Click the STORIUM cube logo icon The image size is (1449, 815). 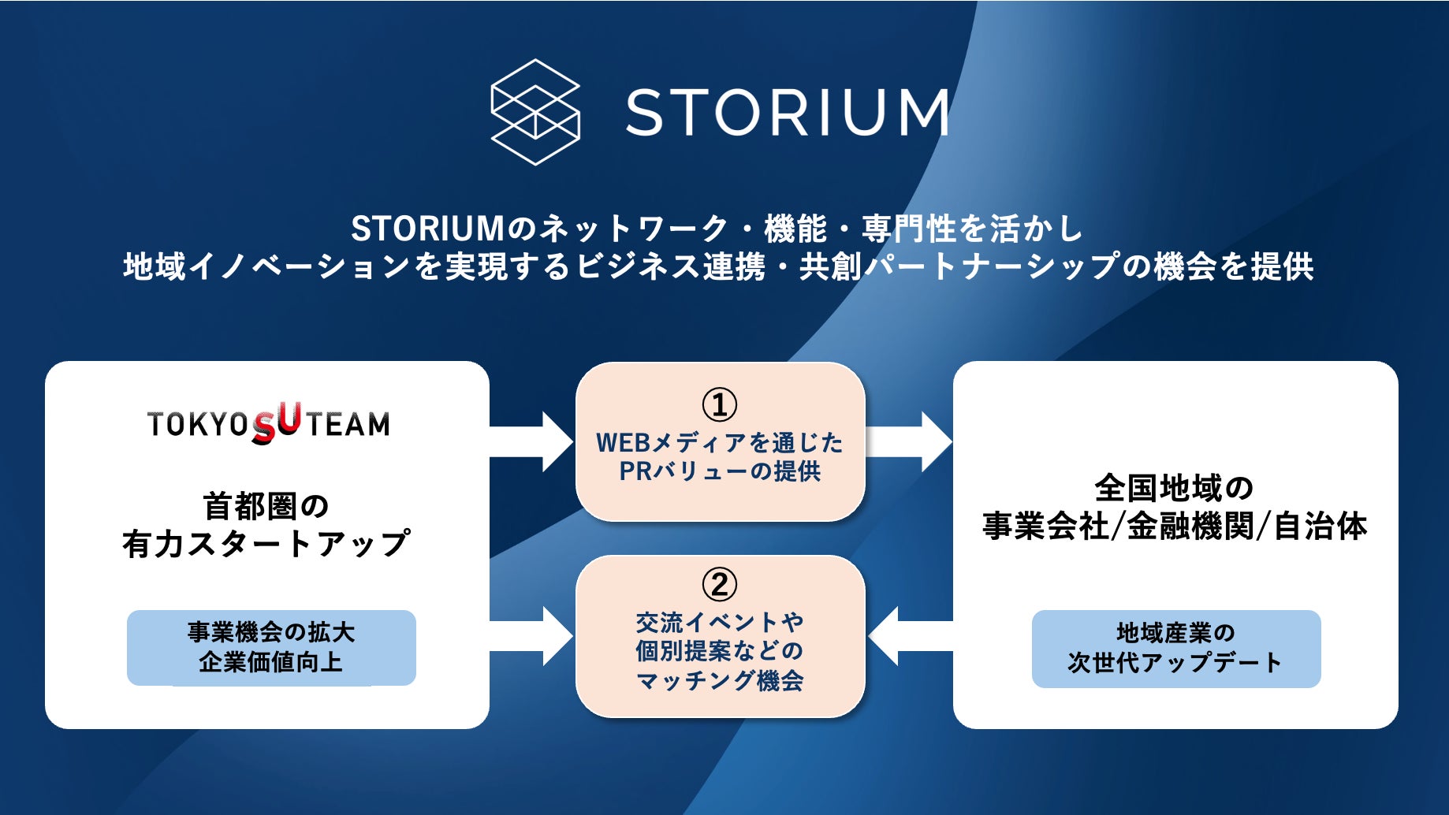click(x=535, y=112)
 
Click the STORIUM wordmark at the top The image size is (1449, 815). click(x=787, y=112)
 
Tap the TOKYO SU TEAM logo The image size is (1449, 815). click(x=268, y=423)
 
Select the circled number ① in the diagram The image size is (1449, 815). click(x=719, y=404)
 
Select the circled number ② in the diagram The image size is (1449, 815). click(x=719, y=584)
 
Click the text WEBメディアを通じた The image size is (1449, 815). click(x=719, y=442)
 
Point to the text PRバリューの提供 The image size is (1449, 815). click(x=719, y=471)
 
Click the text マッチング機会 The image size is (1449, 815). click(x=719, y=679)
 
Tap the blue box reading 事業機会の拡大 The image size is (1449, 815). click(x=271, y=647)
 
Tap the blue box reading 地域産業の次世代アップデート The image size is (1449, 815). click(x=1175, y=648)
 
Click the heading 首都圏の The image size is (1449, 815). click(x=266, y=506)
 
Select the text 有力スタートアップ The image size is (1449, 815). click(x=266, y=544)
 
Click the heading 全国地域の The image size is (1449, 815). click(x=1174, y=488)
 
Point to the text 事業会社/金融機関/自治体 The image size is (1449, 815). click(x=1174, y=526)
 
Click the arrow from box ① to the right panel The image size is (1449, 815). click(x=908, y=441)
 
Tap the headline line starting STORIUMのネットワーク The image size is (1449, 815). click(x=717, y=229)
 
